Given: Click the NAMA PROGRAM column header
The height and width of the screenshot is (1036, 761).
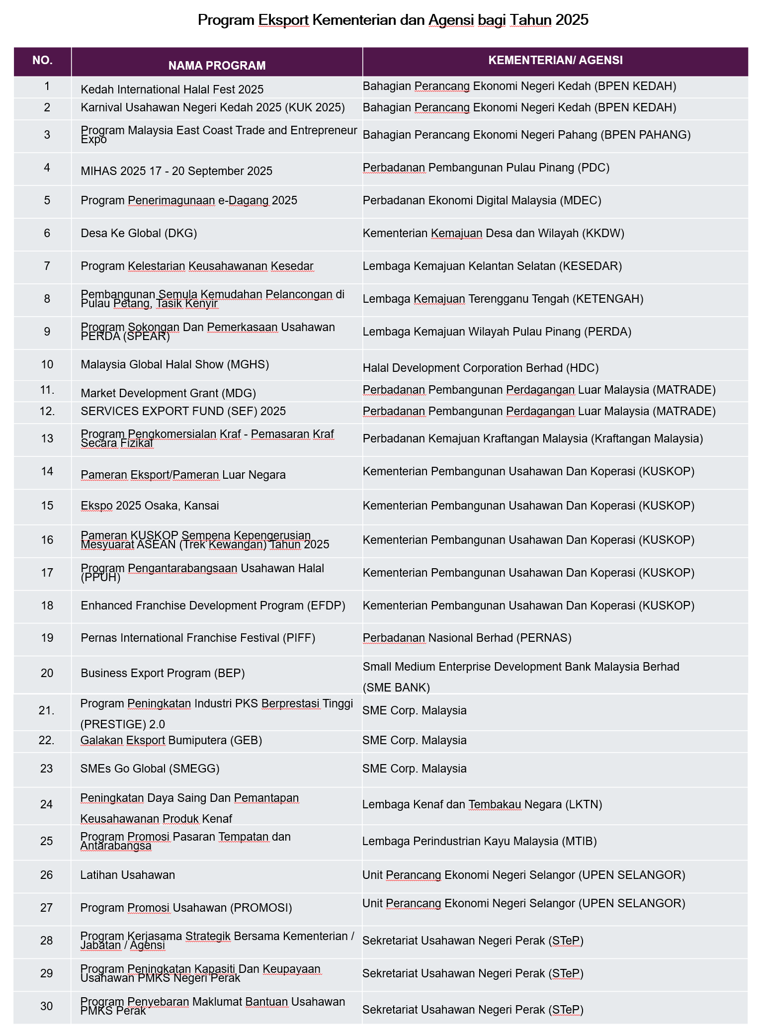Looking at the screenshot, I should (x=217, y=65).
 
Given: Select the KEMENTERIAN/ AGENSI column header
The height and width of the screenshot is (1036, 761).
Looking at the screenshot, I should (x=555, y=60).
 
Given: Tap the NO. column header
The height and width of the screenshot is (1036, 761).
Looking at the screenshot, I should (x=42, y=60).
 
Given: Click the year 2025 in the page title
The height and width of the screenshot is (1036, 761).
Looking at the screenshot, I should (x=572, y=20).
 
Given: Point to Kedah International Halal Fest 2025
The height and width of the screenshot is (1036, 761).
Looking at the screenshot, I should (x=172, y=89).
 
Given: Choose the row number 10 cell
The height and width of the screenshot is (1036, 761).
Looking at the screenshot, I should (x=47, y=364).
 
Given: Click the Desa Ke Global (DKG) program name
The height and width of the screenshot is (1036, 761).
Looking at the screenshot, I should (x=139, y=233).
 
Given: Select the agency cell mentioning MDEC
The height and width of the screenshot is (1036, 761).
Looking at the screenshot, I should (x=482, y=200).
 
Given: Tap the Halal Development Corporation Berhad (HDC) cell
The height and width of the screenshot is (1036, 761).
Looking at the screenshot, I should (x=480, y=368).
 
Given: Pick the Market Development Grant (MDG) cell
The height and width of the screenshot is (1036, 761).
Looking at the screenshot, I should (x=168, y=393).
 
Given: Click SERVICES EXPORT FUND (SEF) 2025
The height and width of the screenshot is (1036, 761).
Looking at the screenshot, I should (x=183, y=411).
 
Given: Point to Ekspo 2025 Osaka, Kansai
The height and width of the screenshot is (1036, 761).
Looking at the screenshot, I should (x=150, y=506).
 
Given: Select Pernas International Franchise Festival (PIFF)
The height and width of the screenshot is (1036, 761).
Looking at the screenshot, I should (x=198, y=638).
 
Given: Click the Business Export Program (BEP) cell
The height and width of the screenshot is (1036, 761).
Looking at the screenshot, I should (x=163, y=673).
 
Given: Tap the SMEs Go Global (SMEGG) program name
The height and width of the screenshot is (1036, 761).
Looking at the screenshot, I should (x=150, y=769).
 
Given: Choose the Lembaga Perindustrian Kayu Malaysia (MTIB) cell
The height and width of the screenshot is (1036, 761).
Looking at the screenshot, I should (x=479, y=841).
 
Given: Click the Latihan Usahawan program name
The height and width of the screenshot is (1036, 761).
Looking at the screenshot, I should (x=127, y=875).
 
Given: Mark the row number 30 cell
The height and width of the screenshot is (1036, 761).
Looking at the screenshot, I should (x=46, y=1006).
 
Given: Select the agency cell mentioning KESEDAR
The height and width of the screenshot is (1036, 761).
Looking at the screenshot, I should (x=492, y=266).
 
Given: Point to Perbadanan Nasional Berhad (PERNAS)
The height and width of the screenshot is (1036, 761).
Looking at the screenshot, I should (x=467, y=638).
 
